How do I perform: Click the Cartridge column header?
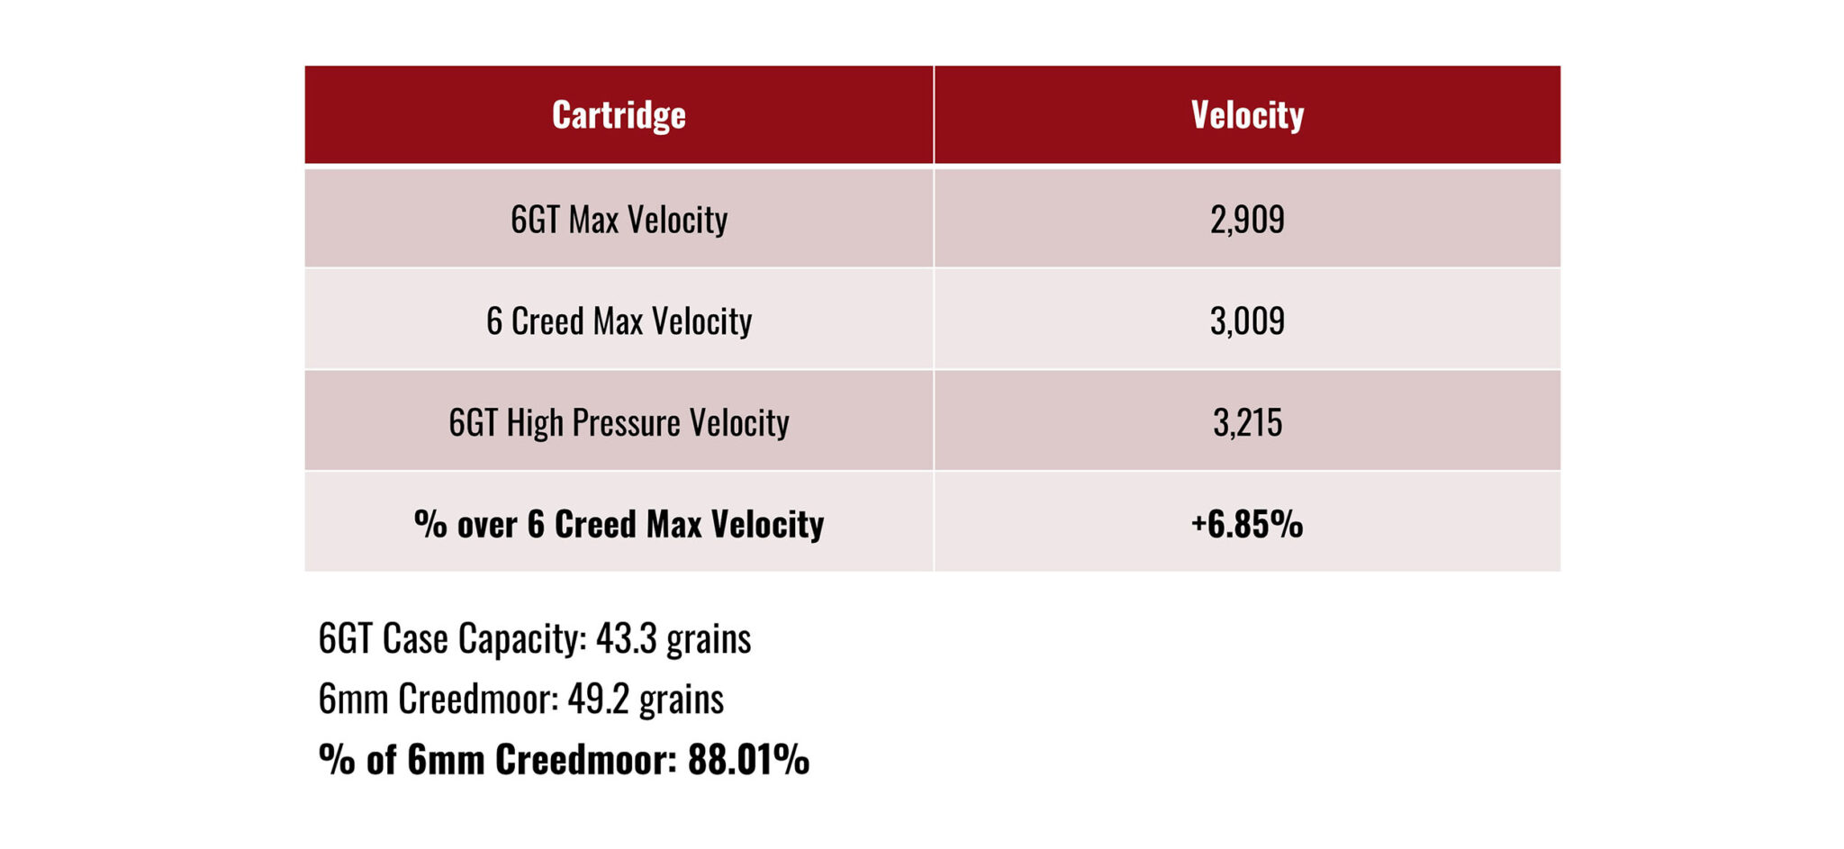[619, 115]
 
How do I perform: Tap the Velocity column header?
[1247, 115]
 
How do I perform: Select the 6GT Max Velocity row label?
[619, 220]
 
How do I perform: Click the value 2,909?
[1247, 220]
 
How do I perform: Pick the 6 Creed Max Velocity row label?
[619, 321]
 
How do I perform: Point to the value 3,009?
[1247, 321]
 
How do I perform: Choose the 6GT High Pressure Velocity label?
[619, 423]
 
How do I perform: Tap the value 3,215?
[1247, 423]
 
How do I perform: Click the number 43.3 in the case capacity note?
[626, 639]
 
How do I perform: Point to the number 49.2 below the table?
[598, 700]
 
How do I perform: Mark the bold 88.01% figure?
[748, 760]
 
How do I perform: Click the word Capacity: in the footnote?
[522, 639]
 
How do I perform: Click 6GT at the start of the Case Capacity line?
[345, 639]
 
